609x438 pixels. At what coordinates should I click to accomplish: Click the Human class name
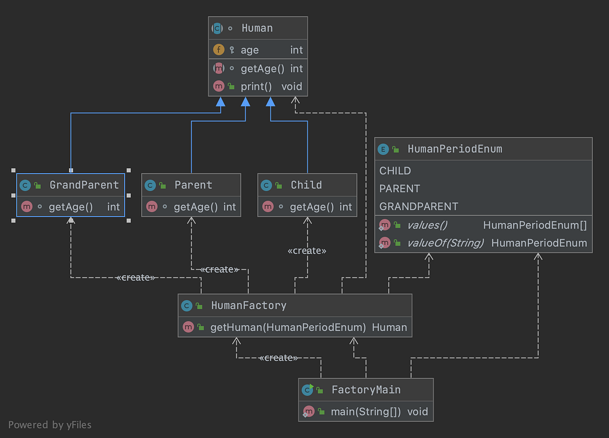[x=257, y=28]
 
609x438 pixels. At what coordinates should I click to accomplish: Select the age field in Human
[x=249, y=50]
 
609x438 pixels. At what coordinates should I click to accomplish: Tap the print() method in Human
[x=257, y=86]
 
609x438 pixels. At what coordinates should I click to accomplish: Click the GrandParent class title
[x=84, y=185]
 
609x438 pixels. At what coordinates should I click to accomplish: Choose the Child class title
[x=306, y=185]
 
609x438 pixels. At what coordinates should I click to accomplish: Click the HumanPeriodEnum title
[x=455, y=149]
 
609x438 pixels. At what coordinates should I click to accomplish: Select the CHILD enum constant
[x=395, y=171]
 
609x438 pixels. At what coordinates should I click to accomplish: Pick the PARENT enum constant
[x=399, y=188]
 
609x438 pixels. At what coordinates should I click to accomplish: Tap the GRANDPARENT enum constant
[x=419, y=207]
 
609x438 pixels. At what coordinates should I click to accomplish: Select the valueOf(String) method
[x=445, y=243]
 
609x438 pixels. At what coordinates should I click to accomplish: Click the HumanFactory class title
[x=249, y=305]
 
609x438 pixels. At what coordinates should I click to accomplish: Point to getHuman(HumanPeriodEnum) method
[x=288, y=327]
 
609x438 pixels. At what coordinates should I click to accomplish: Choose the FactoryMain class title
[x=366, y=390]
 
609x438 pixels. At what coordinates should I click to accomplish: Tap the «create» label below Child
[x=307, y=251]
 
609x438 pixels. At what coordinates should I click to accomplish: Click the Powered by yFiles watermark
[x=50, y=425]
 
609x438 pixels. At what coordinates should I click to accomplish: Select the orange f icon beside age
[x=218, y=50]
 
